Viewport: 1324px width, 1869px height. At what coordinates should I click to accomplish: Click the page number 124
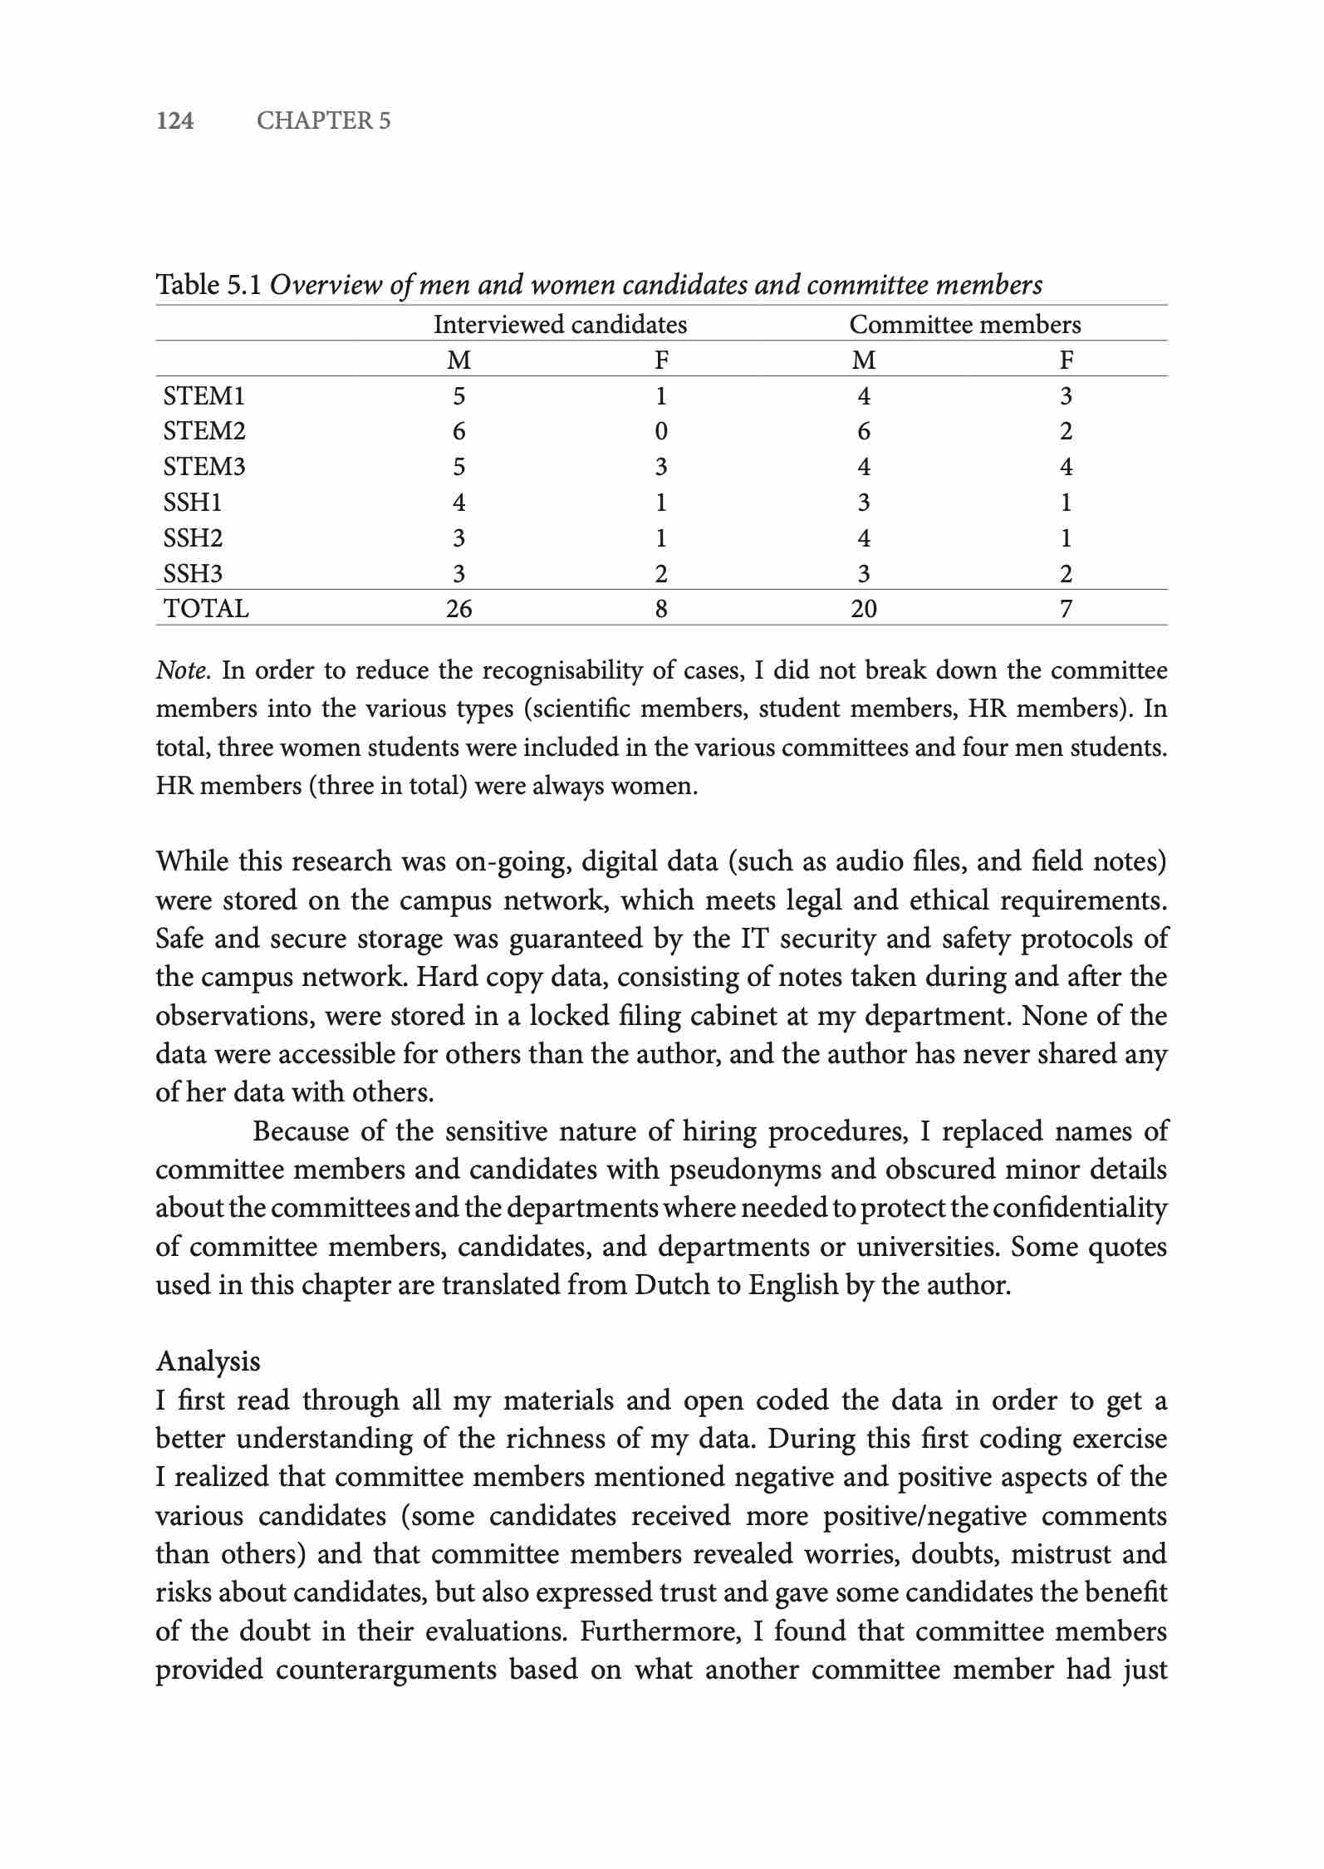pyautogui.click(x=175, y=121)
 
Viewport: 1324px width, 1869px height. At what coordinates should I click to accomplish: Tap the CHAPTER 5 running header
pyautogui.click(x=323, y=121)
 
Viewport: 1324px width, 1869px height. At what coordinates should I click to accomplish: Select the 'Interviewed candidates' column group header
pyautogui.click(x=560, y=324)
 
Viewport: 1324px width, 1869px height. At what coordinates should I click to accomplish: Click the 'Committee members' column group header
pyautogui.click(x=964, y=324)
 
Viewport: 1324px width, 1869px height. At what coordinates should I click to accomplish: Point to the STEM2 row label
pyautogui.click(x=204, y=431)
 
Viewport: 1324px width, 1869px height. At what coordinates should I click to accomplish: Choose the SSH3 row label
pyautogui.click(x=193, y=574)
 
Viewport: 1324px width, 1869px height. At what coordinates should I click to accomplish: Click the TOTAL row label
pyautogui.click(x=206, y=609)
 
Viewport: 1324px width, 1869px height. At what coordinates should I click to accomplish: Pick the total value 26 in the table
pyautogui.click(x=458, y=609)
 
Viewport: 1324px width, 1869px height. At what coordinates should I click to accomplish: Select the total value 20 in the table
pyautogui.click(x=863, y=609)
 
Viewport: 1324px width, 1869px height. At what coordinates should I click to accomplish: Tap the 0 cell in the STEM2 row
pyautogui.click(x=660, y=431)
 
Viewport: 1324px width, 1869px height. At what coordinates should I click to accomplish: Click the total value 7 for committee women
pyautogui.click(x=1066, y=609)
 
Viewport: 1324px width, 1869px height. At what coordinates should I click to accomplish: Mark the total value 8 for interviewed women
pyautogui.click(x=660, y=609)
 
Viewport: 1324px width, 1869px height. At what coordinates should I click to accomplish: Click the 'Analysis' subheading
pyautogui.click(x=208, y=1361)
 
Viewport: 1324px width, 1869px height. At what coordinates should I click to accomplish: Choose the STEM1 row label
pyautogui.click(x=204, y=395)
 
